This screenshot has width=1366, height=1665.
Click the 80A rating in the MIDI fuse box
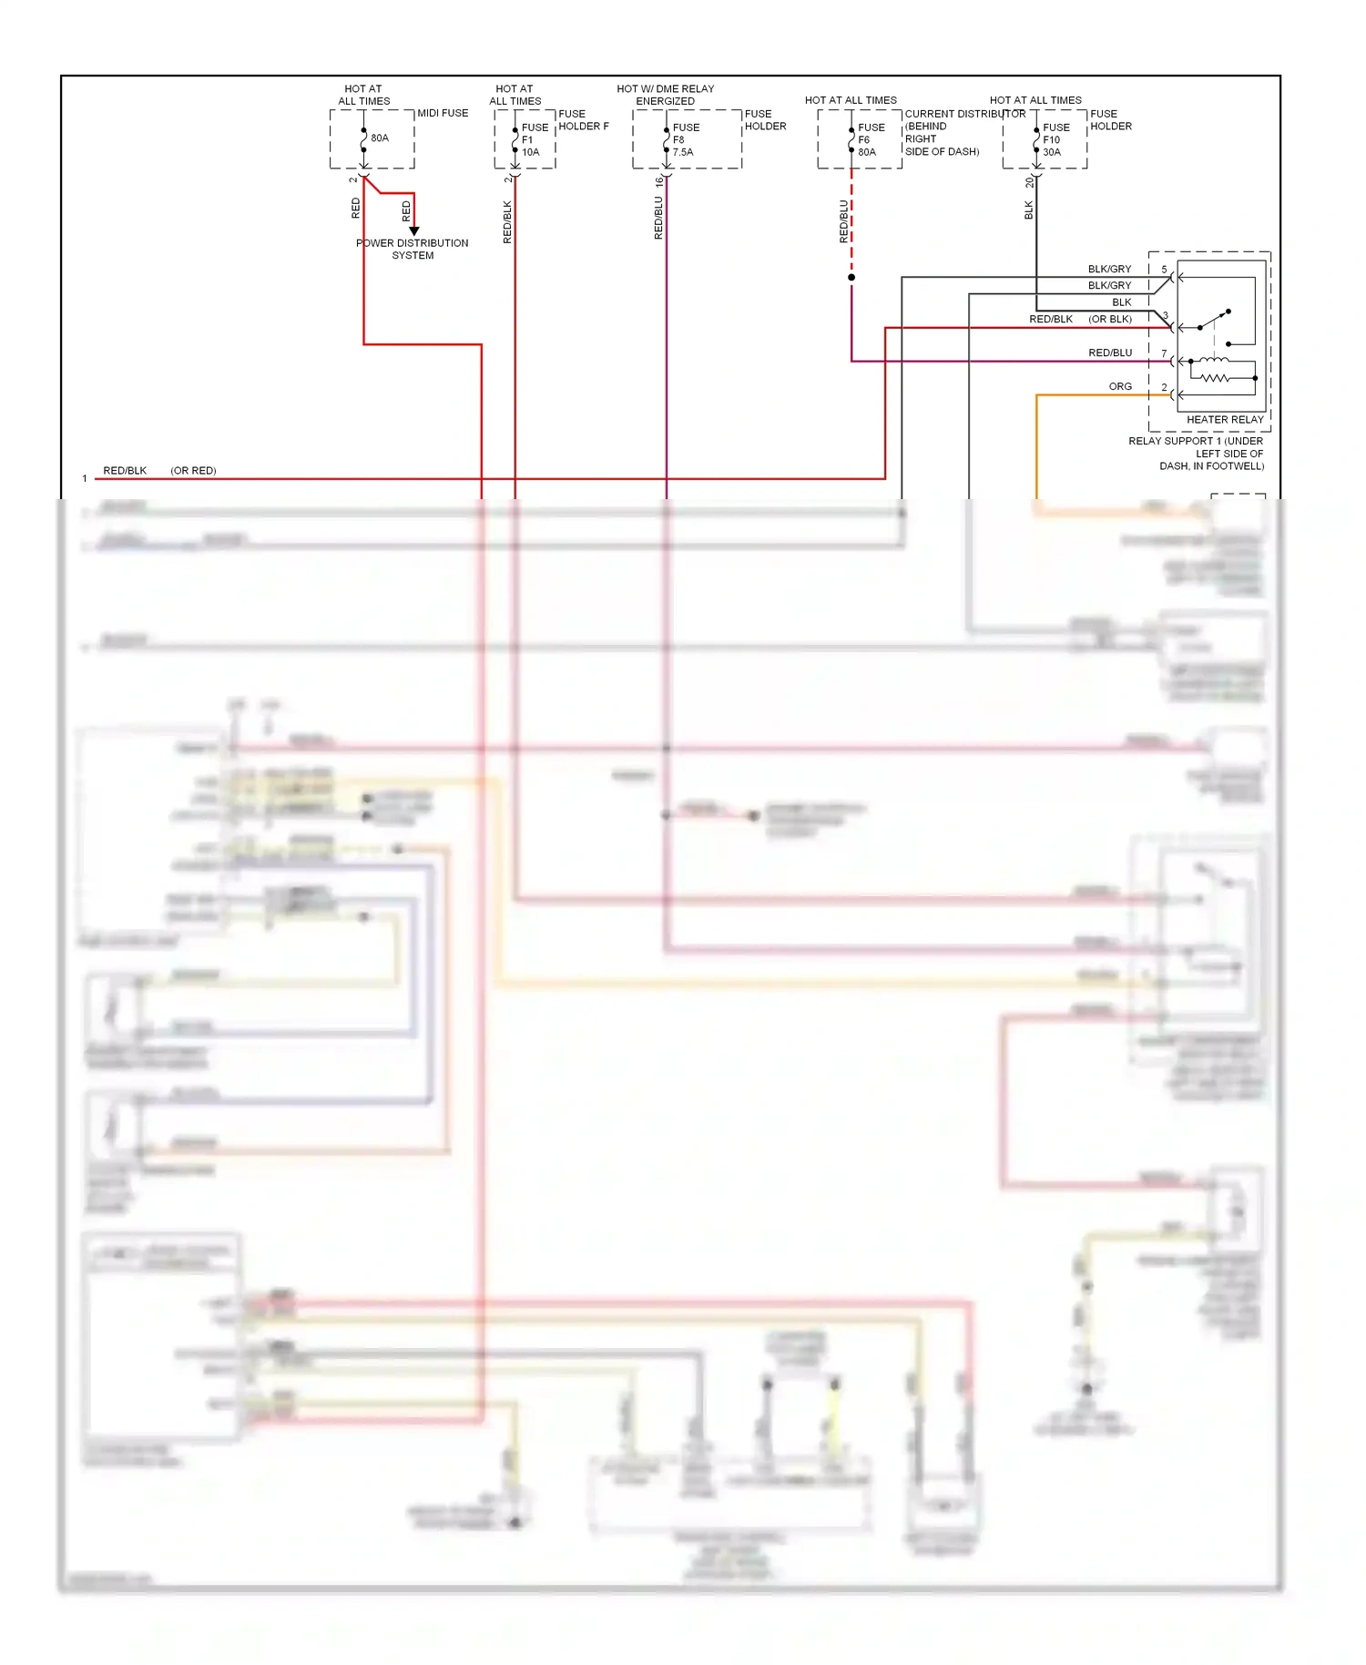coord(380,138)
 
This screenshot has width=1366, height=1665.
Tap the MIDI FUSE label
coord(443,113)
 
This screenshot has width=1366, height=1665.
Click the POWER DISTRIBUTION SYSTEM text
coord(413,249)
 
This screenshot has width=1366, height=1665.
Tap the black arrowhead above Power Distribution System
coord(414,231)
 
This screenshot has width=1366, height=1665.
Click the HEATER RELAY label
coord(1225,420)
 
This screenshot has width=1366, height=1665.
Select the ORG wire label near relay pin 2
coord(1120,387)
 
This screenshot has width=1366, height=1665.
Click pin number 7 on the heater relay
coord(1164,353)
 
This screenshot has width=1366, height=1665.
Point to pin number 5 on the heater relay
coord(1164,270)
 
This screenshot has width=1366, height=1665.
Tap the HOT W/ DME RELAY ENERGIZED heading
coord(665,95)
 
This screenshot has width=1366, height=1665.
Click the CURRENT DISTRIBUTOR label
coord(964,114)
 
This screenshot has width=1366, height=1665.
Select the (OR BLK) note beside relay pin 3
coord(1110,320)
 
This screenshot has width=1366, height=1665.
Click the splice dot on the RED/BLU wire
coord(851,277)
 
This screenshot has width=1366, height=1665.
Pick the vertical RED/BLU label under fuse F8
coord(658,219)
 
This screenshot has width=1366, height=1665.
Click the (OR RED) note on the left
coord(193,471)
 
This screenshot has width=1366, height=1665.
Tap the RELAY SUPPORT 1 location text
coord(1196,454)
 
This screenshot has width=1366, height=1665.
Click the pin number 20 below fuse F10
coord(1029,182)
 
